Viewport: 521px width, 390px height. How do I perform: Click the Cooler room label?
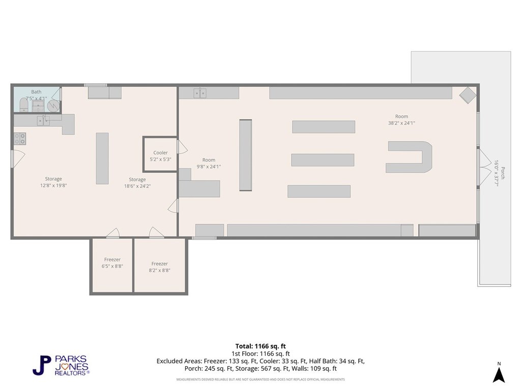pos(160,152)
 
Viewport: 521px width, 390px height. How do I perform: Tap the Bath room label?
pos(36,92)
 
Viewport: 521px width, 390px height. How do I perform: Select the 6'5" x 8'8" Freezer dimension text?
pos(112,266)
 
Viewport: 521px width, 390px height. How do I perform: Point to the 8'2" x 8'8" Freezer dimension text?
pos(159,270)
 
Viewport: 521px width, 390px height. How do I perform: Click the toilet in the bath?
pos(23,105)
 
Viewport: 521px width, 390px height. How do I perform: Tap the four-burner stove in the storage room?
pos(20,139)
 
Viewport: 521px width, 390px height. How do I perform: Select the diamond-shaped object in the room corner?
pos(468,95)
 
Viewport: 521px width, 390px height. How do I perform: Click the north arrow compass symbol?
pos(499,373)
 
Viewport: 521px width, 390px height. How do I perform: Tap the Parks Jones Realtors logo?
pos(61,366)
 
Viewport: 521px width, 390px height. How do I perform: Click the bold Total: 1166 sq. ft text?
pos(260,346)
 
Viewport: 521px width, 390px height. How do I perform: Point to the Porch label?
pos(503,173)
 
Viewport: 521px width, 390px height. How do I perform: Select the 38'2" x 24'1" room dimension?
pos(401,123)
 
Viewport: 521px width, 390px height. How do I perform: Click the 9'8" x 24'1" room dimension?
pos(209,167)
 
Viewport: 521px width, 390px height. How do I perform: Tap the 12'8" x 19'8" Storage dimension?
pos(53,185)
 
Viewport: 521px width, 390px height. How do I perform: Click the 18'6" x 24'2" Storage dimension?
pos(137,186)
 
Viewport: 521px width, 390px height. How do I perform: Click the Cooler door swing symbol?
pos(182,147)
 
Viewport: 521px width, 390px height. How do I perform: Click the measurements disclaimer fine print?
pos(260,379)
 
